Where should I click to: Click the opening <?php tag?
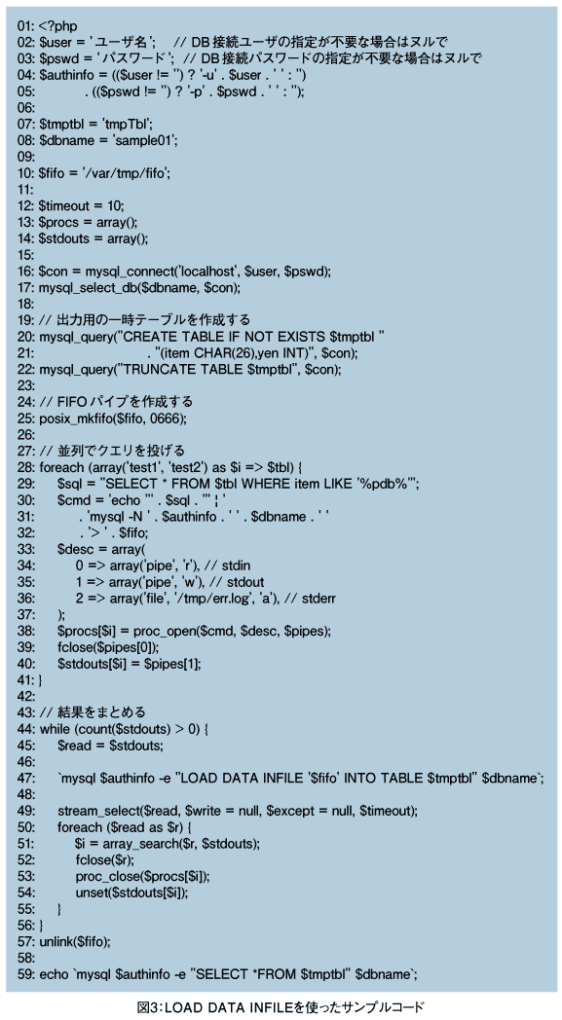tap(58, 26)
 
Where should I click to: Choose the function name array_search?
tap(139, 844)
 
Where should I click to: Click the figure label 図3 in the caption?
tap(148, 1007)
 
